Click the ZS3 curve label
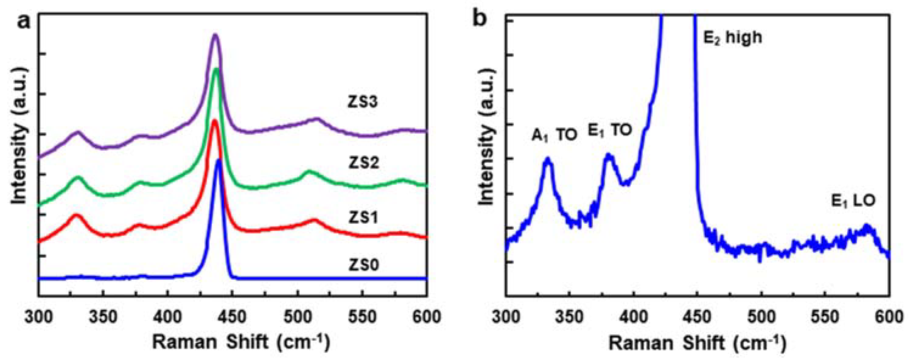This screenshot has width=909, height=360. pyautogui.click(x=362, y=102)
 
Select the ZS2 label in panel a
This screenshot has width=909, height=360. pyautogui.click(x=364, y=163)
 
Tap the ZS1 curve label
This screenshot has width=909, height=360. pyautogui.click(x=364, y=218)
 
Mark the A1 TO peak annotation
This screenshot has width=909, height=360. pyautogui.click(x=554, y=135)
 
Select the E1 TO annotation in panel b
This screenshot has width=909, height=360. pyautogui.click(x=609, y=130)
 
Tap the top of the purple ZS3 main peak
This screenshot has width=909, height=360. pyautogui.click(x=215, y=35)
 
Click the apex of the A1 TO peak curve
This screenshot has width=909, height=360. pyautogui.click(x=547, y=159)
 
